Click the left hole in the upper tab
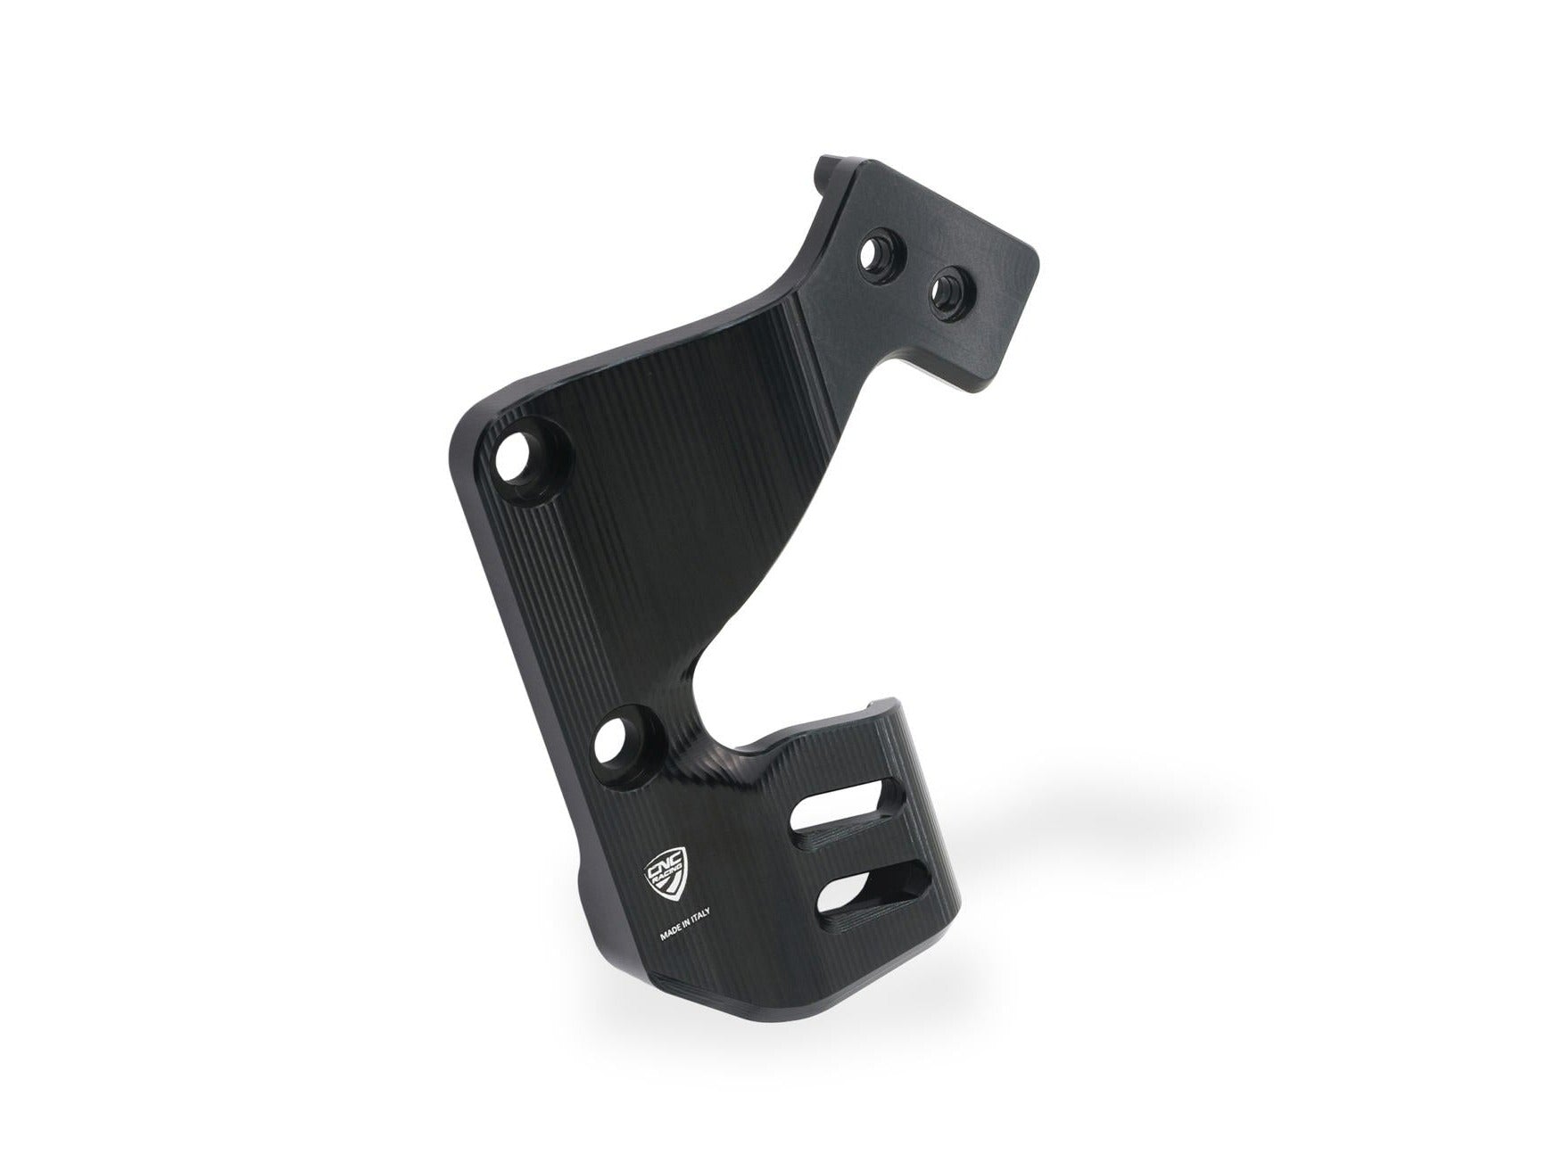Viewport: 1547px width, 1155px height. click(872, 259)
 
